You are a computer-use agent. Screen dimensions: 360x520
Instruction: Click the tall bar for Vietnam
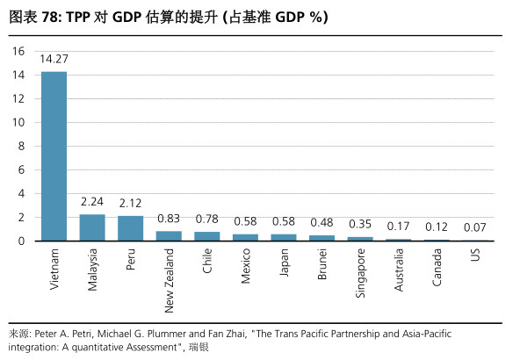54,156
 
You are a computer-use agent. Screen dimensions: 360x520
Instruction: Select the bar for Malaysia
92,227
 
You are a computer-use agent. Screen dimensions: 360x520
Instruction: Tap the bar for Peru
131,228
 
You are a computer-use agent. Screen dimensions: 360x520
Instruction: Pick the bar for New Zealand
169,236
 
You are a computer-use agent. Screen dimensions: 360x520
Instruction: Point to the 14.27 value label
54,59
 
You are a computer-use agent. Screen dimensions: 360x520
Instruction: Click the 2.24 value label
92,201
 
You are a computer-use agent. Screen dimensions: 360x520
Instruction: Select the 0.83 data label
169,218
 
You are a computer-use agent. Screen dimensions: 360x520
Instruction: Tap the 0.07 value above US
475,227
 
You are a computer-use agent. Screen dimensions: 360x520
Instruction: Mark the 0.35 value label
360,223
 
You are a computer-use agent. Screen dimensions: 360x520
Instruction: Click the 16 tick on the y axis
18,51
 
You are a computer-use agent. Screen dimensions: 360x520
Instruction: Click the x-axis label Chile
207,263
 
